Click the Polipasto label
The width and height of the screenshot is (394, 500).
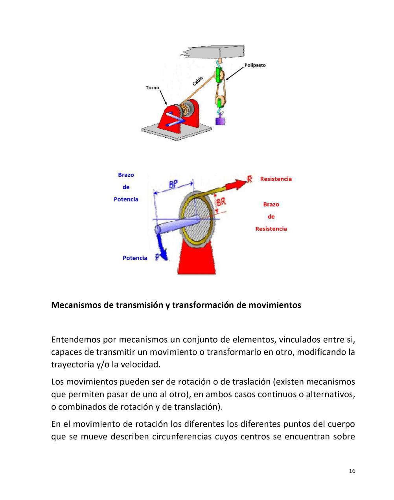pyautogui.click(x=255, y=65)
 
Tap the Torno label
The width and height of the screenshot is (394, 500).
pyautogui.click(x=153, y=87)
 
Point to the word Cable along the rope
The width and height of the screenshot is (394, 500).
pyautogui.click(x=198, y=81)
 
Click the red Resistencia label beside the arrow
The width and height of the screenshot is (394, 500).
pyautogui.click(x=276, y=179)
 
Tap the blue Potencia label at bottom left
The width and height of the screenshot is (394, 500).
pyautogui.click(x=135, y=258)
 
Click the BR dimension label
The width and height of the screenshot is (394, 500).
pyautogui.click(x=221, y=202)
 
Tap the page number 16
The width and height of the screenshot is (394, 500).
pyautogui.click(x=352, y=471)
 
